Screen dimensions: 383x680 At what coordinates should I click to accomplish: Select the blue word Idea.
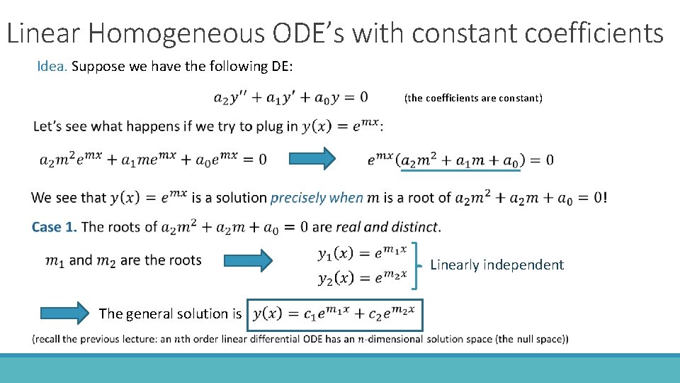tap(52, 67)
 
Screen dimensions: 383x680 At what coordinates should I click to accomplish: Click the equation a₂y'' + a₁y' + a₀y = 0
tap(290, 97)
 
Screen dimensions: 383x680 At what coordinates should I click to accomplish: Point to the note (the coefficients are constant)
tap(473, 98)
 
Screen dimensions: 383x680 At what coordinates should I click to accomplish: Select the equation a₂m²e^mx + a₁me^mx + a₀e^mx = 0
tap(153, 160)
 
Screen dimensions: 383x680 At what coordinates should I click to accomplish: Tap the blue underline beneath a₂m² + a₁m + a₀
tap(460, 170)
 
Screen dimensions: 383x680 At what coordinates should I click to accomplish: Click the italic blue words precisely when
tap(317, 198)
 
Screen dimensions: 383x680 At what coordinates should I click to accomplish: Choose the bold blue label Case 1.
tap(54, 227)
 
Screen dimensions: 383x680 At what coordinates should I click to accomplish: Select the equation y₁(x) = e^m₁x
tap(362, 252)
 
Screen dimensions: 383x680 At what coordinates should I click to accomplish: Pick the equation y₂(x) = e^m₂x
tap(362, 277)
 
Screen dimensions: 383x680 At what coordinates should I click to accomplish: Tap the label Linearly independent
tap(497, 265)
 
